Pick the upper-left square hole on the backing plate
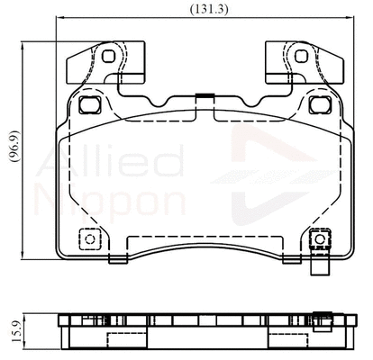click(x=88, y=104)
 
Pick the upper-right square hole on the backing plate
click(x=316, y=104)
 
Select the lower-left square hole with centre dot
click(x=87, y=240)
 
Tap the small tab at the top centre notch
click(x=203, y=97)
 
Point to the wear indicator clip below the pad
click(x=318, y=267)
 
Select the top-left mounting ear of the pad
click(x=95, y=63)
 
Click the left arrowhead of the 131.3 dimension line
click(x=59, y=19)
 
